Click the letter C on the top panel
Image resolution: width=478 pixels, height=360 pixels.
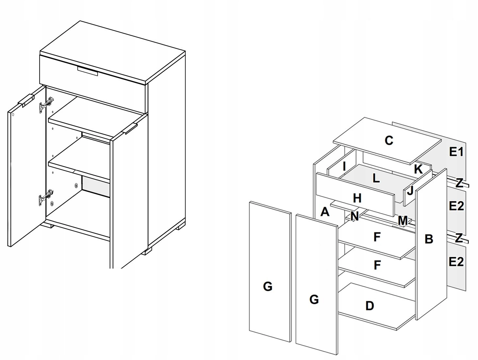[x=389, y=140]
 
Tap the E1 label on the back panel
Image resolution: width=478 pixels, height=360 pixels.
[x=456, y=152]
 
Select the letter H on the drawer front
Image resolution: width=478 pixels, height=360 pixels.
[x=357, y=198]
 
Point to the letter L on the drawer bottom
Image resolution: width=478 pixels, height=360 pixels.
[x=376, y=178]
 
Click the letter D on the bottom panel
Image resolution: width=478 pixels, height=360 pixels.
[x=369, y=306]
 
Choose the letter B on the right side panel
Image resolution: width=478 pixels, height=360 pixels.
[x=429, y=239]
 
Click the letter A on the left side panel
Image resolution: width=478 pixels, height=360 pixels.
[x=325, y=212]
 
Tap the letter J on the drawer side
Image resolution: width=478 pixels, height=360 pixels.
[x=410, y=190]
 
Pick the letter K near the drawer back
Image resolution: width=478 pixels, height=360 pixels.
[x=418, y=169]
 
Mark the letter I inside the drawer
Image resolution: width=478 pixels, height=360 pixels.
[x=344, y=167]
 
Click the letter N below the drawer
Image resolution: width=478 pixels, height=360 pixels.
[x=355, y=216]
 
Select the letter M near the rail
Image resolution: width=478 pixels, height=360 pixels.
[x=403, y=221]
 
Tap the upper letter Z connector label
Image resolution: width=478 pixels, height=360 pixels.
[x=459, y=183]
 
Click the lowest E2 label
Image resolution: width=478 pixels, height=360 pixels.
[x=456, y=262]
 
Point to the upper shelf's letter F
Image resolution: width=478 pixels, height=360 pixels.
[x=377, y=237]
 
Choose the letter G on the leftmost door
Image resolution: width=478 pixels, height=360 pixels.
[x=267, y=286]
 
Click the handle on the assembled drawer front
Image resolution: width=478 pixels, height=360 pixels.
[x=88, y=72]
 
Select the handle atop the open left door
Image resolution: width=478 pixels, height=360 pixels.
[x=26, y=100]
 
